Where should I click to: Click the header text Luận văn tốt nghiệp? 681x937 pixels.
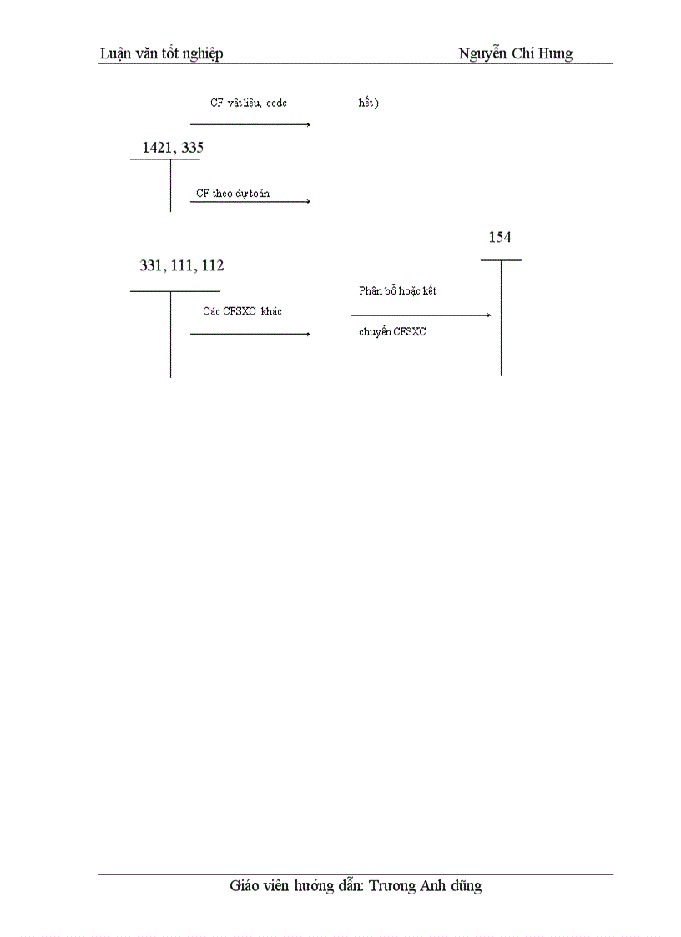pos(161,54)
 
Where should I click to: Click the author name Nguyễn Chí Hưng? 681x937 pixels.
pos(515,54)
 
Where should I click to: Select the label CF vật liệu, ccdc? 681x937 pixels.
pos(249,103)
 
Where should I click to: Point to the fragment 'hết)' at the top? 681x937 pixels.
pos(368,103)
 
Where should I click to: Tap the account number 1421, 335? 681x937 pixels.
pos(173,148)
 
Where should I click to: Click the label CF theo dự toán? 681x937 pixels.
pos(233,194)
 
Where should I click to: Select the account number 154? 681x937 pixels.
pos(500,238)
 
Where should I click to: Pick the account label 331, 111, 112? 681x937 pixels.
pos(182,266)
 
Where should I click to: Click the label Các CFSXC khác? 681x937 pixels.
pos(242,311)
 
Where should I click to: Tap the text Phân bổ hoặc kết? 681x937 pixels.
pos(397,291)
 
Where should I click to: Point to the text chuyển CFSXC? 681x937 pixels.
pos(392,331)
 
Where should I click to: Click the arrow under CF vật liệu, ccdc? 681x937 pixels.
pos(250,124)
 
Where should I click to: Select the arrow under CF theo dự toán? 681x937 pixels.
pos(250,201)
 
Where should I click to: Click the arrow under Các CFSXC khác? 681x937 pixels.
pos(250,334)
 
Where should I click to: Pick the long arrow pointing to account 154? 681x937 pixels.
pos(421,315)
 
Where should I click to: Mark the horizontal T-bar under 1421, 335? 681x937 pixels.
pos(165,159)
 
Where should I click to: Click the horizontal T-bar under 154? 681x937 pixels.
pos(501,260)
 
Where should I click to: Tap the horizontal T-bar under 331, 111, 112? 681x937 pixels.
pos(175,291)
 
